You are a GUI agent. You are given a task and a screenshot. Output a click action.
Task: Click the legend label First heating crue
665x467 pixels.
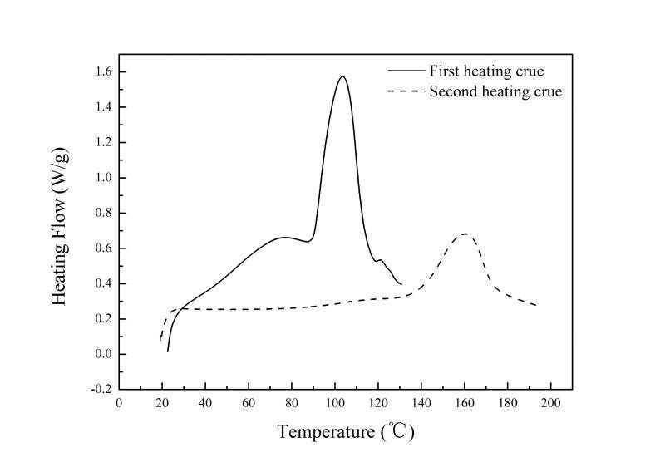486,71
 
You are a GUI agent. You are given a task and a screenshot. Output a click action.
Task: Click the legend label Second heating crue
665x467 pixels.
495,91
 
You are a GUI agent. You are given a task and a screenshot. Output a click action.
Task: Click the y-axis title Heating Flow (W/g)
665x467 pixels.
61,227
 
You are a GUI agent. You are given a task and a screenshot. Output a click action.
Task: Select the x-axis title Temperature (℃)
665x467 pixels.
345,432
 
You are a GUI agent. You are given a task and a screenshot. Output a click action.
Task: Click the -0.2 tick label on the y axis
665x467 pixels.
101,389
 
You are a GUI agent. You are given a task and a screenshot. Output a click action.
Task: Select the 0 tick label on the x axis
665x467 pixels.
119,403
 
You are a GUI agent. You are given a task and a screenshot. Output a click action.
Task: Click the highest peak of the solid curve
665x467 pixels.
342,76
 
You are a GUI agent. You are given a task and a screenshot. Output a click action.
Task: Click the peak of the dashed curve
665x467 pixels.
465,233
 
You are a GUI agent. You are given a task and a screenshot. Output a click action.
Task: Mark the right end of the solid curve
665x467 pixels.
401,284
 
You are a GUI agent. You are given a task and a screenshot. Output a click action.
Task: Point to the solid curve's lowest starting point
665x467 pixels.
167,351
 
